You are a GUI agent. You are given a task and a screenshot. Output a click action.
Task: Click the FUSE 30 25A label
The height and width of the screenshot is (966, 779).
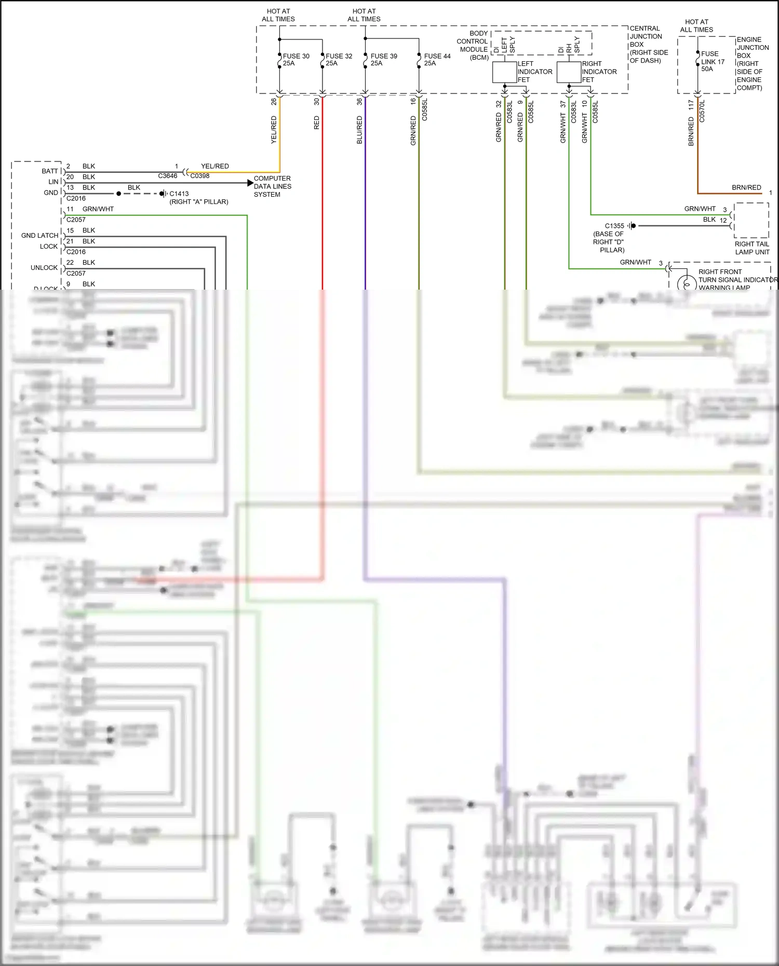coord(296,60)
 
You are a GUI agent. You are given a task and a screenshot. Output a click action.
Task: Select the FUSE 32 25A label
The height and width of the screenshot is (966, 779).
coord(339,60)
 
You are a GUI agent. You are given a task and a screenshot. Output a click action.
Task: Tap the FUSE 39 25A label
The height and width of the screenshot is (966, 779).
coord(383,60)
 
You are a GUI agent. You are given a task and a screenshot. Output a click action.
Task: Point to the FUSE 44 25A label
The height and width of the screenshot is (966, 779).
coord(437,60)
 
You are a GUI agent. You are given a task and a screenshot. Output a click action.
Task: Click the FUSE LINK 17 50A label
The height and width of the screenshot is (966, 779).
coord(713,61)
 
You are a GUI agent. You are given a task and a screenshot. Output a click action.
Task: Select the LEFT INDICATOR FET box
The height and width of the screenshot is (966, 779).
coord(504,72)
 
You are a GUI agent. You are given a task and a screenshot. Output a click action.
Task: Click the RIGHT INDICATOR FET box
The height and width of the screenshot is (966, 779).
coord(569,72)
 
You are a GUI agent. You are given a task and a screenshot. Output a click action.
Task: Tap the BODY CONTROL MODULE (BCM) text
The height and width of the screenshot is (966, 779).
coord(473,46)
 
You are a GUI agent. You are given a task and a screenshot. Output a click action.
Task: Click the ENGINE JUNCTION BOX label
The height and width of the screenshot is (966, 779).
coord(752,63)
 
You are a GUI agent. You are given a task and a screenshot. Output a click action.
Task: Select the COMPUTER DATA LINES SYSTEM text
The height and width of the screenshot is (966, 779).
coord(272,186)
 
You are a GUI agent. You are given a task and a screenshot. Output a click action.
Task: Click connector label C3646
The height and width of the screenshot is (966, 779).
coord(167,176)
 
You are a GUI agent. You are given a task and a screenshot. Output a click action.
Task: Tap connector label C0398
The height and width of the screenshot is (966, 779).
coord(200,176)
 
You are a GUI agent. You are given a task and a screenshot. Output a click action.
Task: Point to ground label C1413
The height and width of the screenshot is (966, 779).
coord(179,194)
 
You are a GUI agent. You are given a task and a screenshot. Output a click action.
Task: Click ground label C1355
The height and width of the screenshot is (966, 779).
coord(614,226)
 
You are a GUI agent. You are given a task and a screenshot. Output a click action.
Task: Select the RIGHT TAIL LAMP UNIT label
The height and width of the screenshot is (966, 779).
coord(752,248)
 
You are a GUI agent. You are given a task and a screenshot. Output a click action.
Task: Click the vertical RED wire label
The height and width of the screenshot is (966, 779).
coord(317,123)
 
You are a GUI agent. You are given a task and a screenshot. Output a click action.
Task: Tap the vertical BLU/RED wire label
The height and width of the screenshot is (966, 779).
coord(359,130)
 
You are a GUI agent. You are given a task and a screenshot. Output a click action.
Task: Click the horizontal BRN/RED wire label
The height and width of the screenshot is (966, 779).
coord(746,187)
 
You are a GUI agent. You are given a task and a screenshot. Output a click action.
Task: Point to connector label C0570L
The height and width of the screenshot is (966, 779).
coord(702,112)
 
